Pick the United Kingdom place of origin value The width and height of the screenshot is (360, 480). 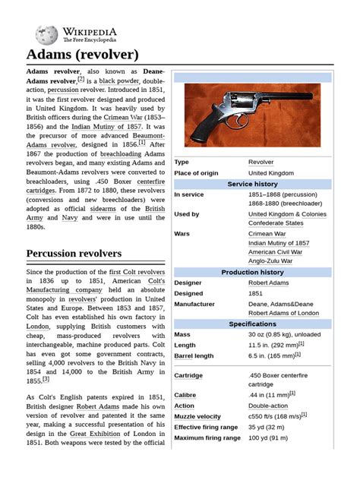pyautogui.click(x=270, y=173)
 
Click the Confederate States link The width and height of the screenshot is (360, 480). pyautogui.click(x=275, y=223)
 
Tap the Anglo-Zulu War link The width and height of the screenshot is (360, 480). pyautogui.click(x=270, y=261)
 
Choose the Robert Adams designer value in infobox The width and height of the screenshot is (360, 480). pyautogui.click(x=268, y=283)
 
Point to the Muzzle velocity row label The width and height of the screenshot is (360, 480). pyautogui.click(x=197, y=416)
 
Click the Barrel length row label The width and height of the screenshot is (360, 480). pyautogui.click(x=194, y=355)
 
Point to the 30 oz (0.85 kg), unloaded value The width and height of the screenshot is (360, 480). pyautogui.click(x=285, y=334)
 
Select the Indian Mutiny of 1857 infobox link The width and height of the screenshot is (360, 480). pyautogui.click(x=279, y=242)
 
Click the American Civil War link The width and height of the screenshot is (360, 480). pyautogui.click(x=275, y=251)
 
